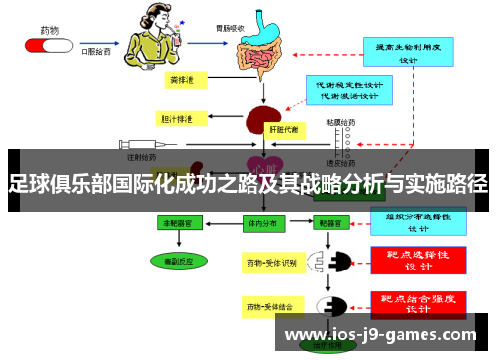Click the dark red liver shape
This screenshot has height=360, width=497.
pyautogui.click(x=260, y=120)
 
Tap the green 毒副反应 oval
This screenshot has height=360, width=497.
pyautogui.click(x=180, y=261)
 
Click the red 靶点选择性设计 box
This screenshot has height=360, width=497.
pyautogui.click(x=416, y=261)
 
